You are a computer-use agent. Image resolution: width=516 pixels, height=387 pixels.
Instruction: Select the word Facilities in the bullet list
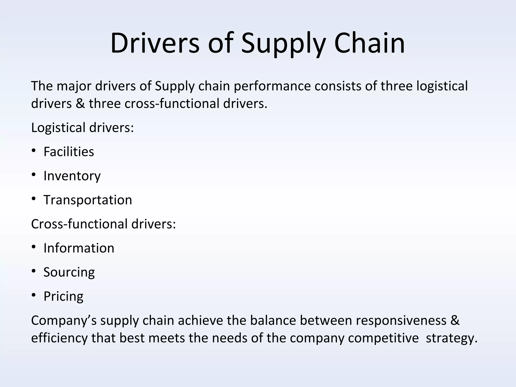[69, 152]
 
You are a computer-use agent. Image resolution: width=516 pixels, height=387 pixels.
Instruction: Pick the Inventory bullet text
[72, 176]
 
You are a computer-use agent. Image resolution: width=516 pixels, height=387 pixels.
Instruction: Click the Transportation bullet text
[88, 200]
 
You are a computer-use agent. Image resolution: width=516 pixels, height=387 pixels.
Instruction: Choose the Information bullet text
[79, 248]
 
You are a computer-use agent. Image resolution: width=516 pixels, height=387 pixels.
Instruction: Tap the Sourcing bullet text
[69, 272]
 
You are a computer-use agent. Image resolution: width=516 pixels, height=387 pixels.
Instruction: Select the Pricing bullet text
[63, 296]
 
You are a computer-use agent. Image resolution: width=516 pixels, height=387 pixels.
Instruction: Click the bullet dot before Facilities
[34, 151]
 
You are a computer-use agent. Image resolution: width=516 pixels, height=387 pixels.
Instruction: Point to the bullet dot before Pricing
[34, 295]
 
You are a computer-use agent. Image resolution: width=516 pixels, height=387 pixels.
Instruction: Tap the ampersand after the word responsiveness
[455, 320]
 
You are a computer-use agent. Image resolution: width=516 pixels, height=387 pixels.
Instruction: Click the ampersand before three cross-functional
[80, 104]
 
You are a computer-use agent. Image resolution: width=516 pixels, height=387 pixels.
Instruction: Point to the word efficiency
[59, 338]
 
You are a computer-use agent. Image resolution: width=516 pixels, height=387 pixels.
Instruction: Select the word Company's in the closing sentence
[64, 320]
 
